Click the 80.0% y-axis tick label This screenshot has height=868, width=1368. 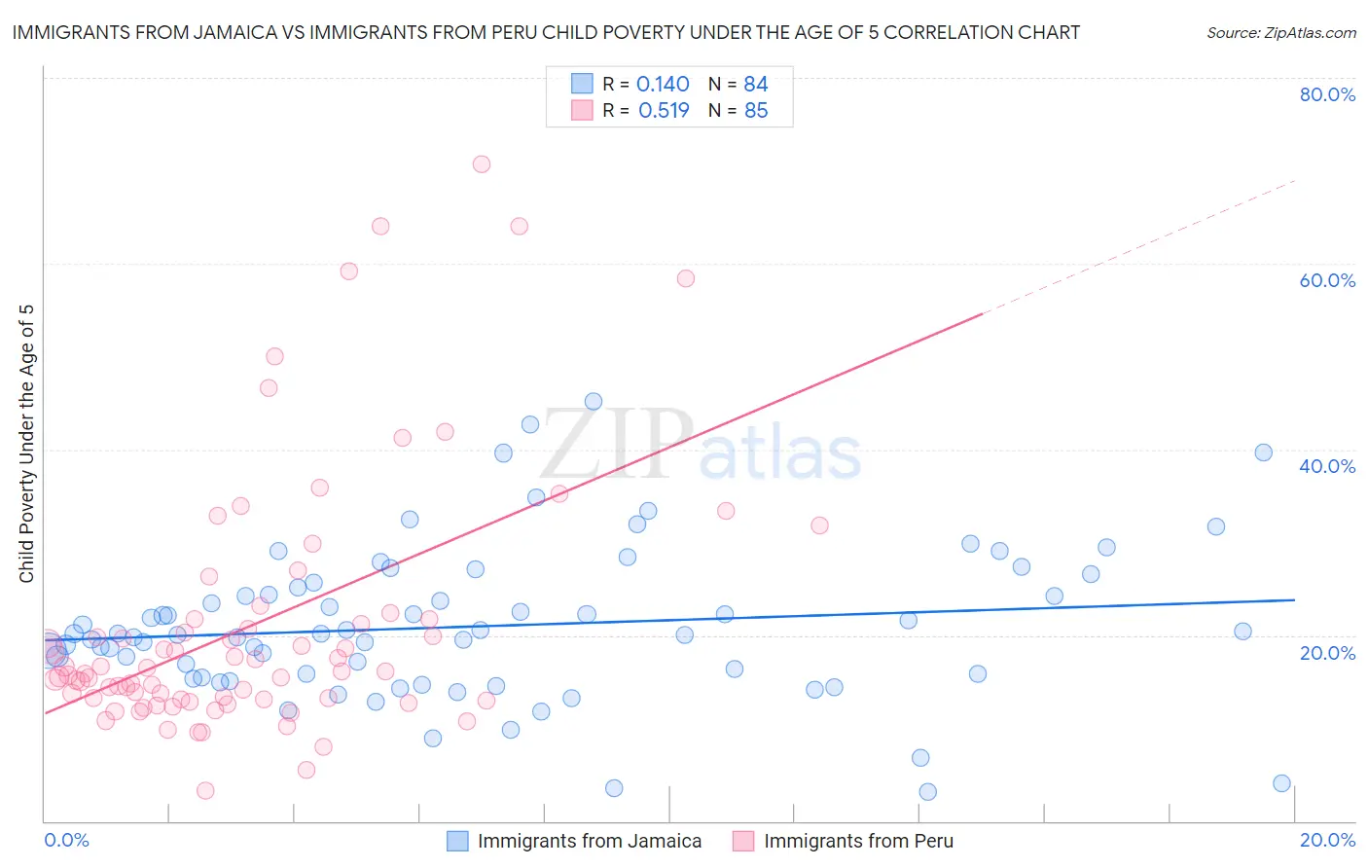tap(1327, 94)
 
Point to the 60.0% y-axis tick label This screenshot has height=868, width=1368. tap(1327, 280)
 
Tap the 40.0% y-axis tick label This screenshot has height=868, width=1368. tap(1327, 466)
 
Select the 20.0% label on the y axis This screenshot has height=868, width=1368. tap(1327, 653)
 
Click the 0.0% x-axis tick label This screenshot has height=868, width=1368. tap(66, 840)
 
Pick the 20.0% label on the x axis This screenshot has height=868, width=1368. tap(1327, 840)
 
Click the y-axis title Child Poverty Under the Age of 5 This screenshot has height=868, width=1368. tap(26, 444)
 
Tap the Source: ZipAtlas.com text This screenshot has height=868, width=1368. tap(1280, 33)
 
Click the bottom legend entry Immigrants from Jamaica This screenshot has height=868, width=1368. tap(589, 841)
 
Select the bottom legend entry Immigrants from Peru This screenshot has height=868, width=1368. tap(858, 841)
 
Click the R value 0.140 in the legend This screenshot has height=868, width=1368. tap(663, 85)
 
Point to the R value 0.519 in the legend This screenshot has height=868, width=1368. tap(664, 111)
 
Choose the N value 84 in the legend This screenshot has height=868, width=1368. tap(756, 85)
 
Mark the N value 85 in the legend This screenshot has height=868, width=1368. tap(756, 111)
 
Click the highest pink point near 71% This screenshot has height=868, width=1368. tap(481, 164)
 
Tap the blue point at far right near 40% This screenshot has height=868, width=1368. tap(1263, 452)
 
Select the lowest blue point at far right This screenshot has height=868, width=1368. tap(1281, 783)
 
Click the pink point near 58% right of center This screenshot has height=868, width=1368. tap(686, 278)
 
